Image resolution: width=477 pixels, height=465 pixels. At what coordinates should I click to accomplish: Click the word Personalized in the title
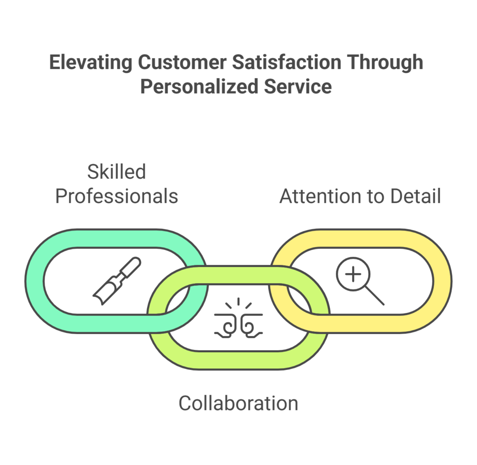click(194, 87)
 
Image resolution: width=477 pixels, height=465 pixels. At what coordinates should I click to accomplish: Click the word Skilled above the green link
click(116, 172)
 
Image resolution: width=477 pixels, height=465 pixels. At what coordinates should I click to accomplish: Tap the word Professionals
click(116, 196)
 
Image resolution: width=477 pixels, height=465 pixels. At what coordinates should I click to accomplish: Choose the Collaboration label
click(238, 403)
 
